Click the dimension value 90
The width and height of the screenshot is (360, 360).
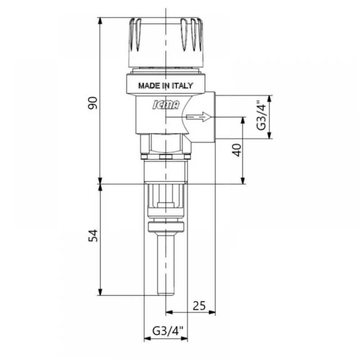click(93, 103)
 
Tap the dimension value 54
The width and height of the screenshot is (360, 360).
click(93, 235)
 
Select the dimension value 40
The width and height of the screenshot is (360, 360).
click(237, 150)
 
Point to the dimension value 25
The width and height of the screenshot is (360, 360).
click(199, 306)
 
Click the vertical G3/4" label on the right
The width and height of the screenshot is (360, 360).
click(261, 115)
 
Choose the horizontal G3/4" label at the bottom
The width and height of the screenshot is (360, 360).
click(168, 331)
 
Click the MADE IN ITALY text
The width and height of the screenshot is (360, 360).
click(166, 86)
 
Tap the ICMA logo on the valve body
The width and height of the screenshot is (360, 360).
click(166, 105)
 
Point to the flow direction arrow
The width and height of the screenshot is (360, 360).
click(198, 117)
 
